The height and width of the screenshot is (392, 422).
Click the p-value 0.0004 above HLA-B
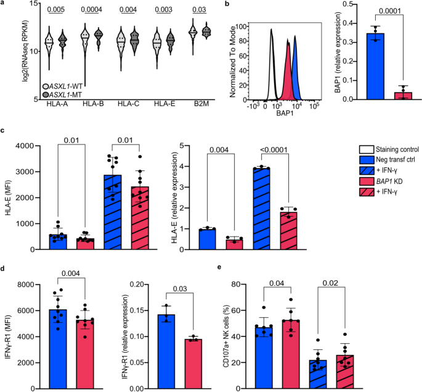click(92, 10)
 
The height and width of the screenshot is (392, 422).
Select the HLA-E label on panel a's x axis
click(164, 104)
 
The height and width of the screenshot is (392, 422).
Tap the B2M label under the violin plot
click(201, 104)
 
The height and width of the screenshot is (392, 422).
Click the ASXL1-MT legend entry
click(62, 94)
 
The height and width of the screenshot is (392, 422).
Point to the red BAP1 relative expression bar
click(403, 96)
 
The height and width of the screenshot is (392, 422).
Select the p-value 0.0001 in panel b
click(390, 10)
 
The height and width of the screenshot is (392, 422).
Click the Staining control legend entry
click(389, 149)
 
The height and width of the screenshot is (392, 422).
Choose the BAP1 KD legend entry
click(381, 181)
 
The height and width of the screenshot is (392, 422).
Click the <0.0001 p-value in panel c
click(274, 149)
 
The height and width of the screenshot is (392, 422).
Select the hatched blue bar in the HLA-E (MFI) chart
click(112, 212)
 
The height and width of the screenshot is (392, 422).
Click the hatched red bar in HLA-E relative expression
click(288, 231)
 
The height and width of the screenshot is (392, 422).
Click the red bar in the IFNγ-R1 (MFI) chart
click(85, 354)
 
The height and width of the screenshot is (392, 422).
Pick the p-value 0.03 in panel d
click(180, 289)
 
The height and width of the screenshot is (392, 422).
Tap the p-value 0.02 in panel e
click(331, 283)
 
